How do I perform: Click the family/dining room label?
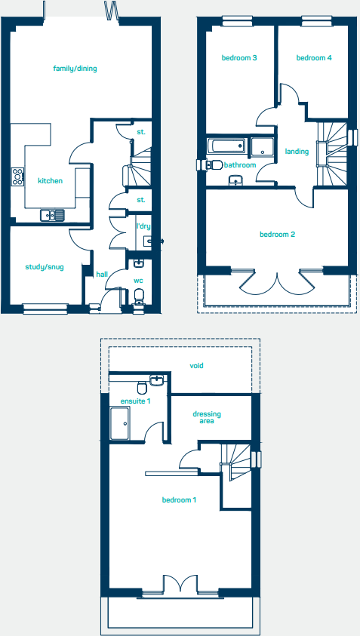click(75, 69)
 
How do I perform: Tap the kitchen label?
click(50, 181)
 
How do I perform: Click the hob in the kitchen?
click(17, 177)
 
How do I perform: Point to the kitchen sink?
click(53, 215)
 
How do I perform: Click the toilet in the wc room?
click(138, 303)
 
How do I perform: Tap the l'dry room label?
click(143, 226)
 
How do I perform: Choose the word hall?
click(101, 275)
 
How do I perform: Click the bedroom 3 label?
click(239, 58)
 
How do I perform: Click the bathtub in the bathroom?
click(226, 146)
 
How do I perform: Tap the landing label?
click(297, 152)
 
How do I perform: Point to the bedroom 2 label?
click(277, 235)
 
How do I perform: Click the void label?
click(197, 366)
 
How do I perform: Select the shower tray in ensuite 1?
click(121, 423)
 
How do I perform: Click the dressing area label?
click(208, 417)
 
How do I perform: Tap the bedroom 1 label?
click(179, 500)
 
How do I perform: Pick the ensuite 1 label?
click(136, 401)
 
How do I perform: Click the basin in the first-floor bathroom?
click(235, 180)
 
